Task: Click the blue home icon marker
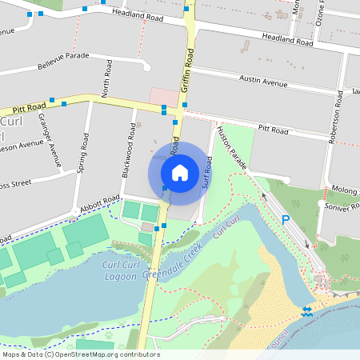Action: tap(180, 173)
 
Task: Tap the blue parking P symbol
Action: tap(286, 220)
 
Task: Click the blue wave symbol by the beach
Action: tap(307, 310)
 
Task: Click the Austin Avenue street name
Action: tap(263, 82)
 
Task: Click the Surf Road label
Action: tap(209, 170)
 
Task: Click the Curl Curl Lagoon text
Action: tap(119, 270)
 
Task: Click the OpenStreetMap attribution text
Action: tap(80, 354)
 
